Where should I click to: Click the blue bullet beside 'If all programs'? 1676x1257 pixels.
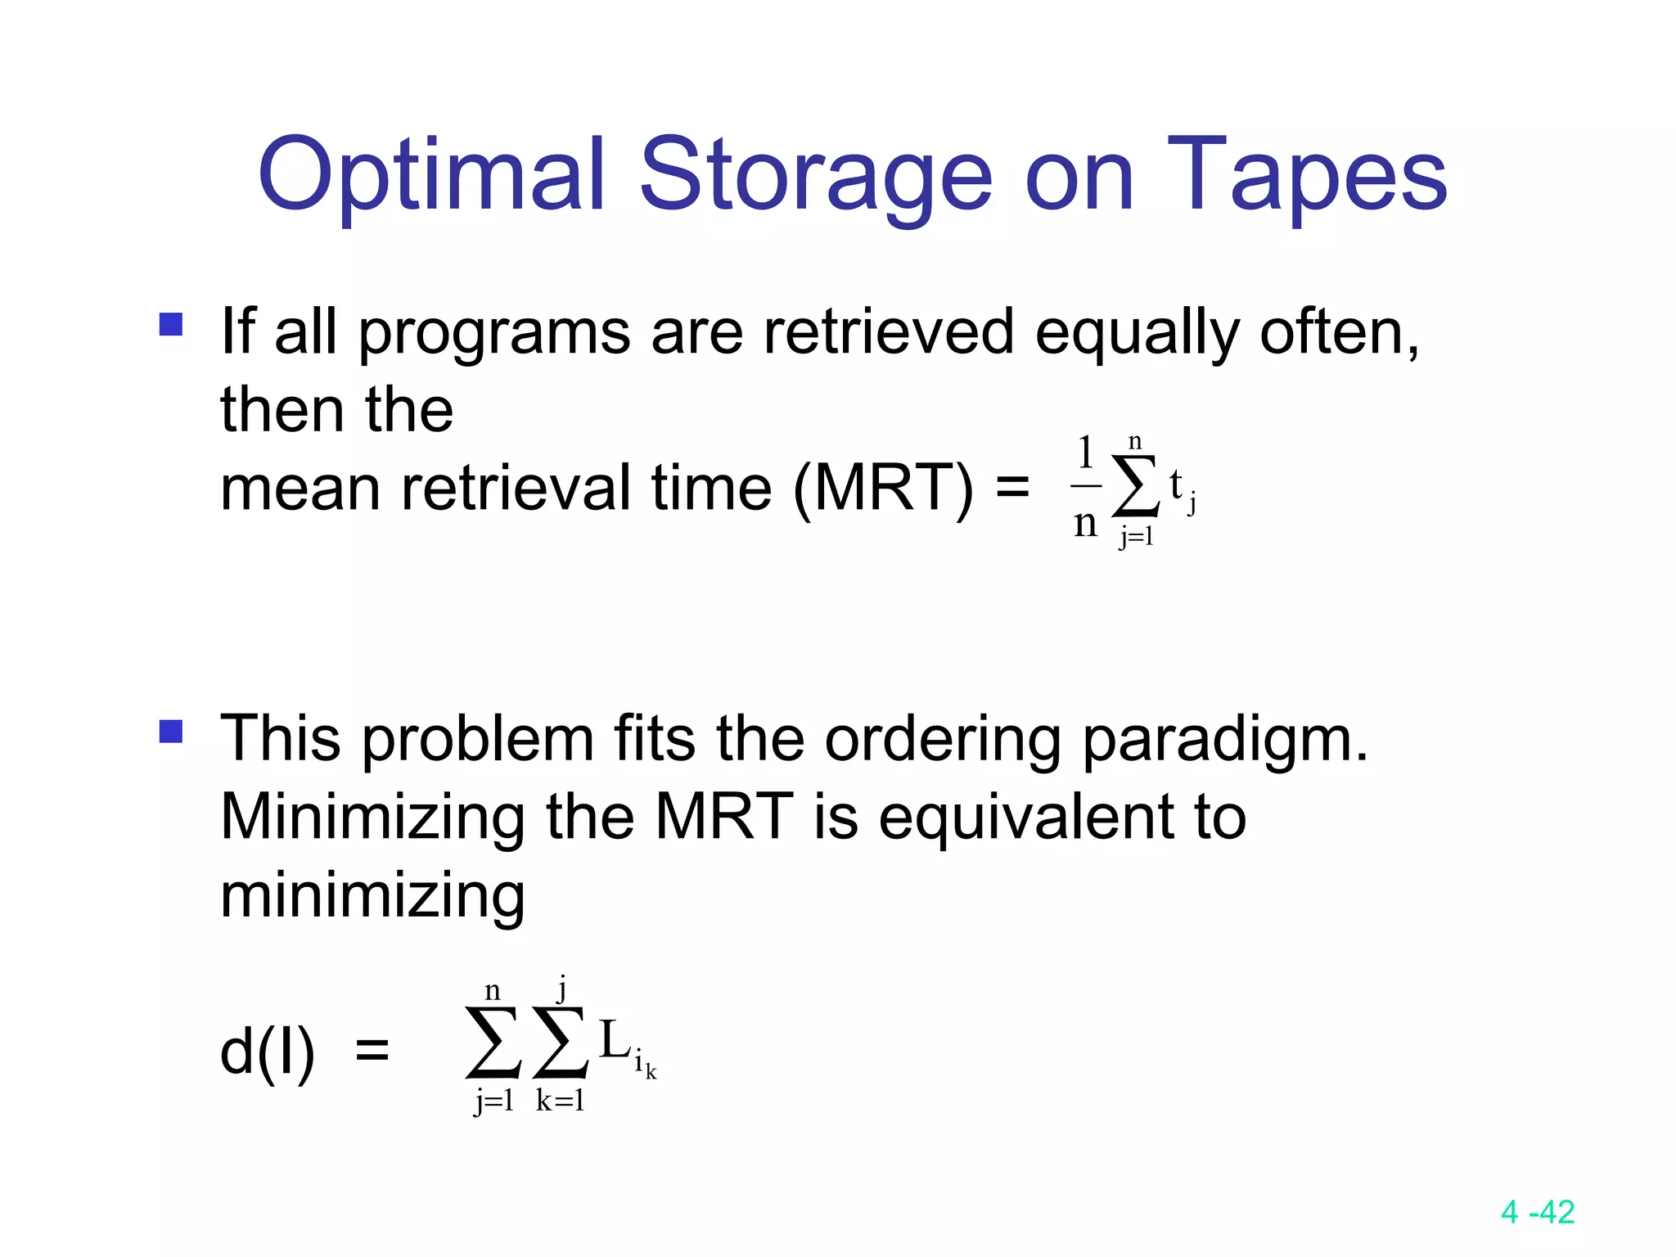pos(171,325)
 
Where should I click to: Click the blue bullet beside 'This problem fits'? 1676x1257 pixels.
pos(171,731)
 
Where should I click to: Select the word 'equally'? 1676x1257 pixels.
pos(1138,334)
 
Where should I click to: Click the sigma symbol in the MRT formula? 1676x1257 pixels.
pos(1136,486)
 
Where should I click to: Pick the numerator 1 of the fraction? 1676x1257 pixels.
pos(1086,452)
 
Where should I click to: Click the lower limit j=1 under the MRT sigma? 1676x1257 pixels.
pos(1137,537)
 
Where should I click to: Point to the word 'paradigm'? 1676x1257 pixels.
pos(1224,739)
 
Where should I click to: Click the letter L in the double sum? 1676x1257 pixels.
pos(614,1041)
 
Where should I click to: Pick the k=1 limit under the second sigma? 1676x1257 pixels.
pos(561,1102)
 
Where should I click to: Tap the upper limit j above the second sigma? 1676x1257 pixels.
pos(561,989)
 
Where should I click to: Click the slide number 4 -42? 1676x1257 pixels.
pos(1538,1212)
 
